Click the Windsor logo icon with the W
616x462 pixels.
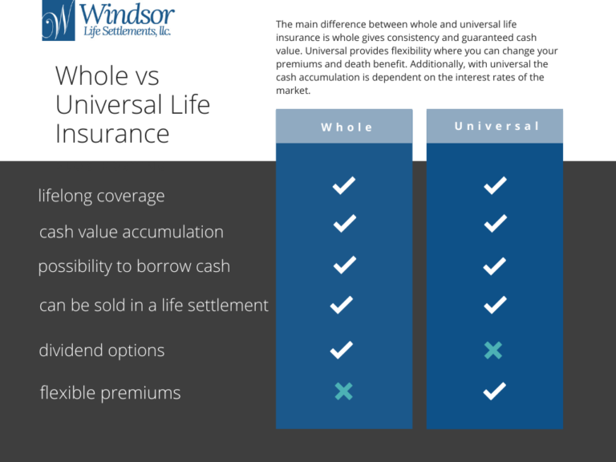(59, 20)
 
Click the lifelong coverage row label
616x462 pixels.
(101, 196)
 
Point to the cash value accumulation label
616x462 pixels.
(131, 232)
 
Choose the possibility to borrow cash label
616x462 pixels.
(134, 267)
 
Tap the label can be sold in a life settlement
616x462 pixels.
(153, 305)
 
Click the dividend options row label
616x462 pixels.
(101, 351)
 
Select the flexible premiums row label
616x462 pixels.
(110, 393)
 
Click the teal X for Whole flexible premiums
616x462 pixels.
(343, 391)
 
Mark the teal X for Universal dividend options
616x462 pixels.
(493, 350)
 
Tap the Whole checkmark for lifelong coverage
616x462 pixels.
(344, 186)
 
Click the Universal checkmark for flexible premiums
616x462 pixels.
(495, 391)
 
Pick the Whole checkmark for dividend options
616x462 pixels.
(342, 350)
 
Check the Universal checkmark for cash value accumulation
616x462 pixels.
(495, 224)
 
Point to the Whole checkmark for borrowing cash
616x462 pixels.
(344, 265)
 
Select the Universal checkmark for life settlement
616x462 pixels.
(495, 305)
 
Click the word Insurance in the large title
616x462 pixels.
(112, 133)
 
